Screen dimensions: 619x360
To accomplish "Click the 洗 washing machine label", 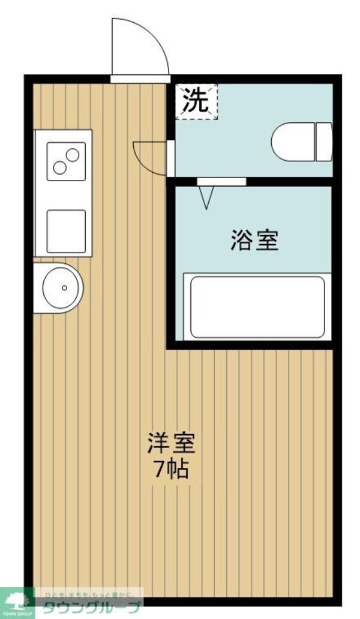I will tap(196, 101).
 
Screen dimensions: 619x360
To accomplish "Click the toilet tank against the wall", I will tap(324, 142).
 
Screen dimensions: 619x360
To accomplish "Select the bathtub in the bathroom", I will tap(257, 307).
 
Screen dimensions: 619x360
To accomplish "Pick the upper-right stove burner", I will tap(73, 155).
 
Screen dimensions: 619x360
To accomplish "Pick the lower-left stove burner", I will tap(59, 167).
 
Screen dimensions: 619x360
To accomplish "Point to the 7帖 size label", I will tap(171, 468).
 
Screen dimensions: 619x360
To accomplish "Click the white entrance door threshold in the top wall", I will tap(140, 78).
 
